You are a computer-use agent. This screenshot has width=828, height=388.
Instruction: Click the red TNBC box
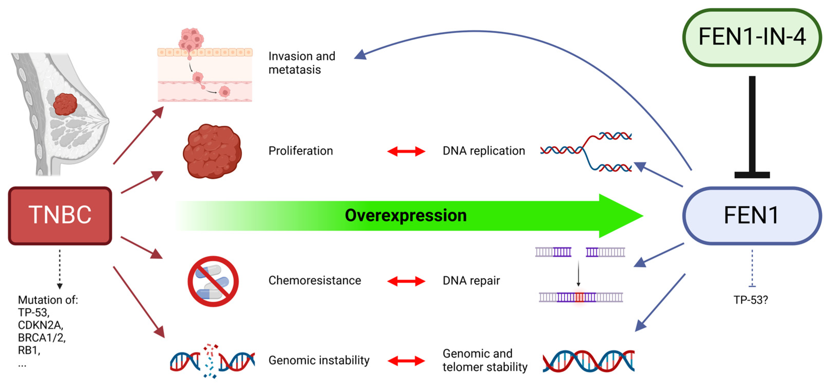pos(60,215)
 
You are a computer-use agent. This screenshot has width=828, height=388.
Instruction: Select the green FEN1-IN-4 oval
pos(752,37)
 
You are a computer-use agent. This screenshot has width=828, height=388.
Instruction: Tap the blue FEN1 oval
pos(752,215)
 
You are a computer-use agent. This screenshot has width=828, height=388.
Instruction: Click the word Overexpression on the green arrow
pos(406,215)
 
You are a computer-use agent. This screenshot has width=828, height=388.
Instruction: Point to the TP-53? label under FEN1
pos(750,300)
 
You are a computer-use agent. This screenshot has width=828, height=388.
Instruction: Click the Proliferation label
pos(301,151)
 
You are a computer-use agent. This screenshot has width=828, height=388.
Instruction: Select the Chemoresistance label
pos(315,280)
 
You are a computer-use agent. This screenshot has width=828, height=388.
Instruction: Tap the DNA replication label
pos(484,151)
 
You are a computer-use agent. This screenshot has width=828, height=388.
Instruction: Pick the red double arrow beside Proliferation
pos(406,151)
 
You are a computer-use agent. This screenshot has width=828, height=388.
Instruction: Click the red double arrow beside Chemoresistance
pos(406,281)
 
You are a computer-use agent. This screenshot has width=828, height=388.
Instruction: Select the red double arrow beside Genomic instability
pos(406,361)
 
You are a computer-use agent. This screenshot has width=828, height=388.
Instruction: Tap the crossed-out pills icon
pos(213,281)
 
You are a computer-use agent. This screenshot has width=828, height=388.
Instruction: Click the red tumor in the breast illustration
pos(65,104)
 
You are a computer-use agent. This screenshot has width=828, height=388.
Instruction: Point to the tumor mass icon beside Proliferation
pos(212,151)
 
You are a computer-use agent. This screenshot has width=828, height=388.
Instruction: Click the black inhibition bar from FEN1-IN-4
pos(752,127)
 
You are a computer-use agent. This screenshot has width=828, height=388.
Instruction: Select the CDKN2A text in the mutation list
pos(40,325)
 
